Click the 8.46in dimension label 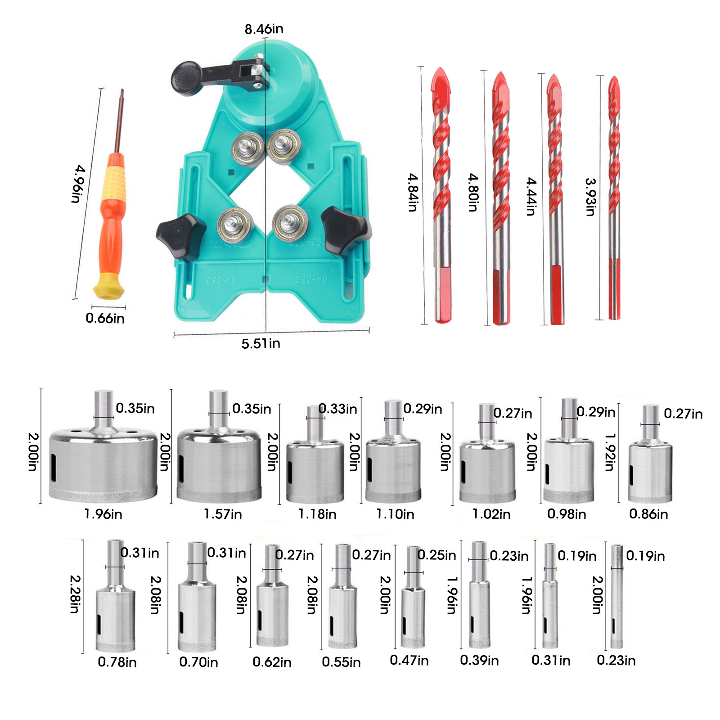(264, 29)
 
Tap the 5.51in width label (261, 344)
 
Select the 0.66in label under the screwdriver (105, 319)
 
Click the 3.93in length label (591, 197)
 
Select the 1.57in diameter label (223, 514)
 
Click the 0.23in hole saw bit (617, 596)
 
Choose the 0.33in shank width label (338, 409)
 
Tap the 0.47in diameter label (409, 660)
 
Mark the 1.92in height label (610, 452)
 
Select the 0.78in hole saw (116, 596)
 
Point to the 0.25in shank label (436, 555)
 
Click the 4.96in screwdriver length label (78, 184)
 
